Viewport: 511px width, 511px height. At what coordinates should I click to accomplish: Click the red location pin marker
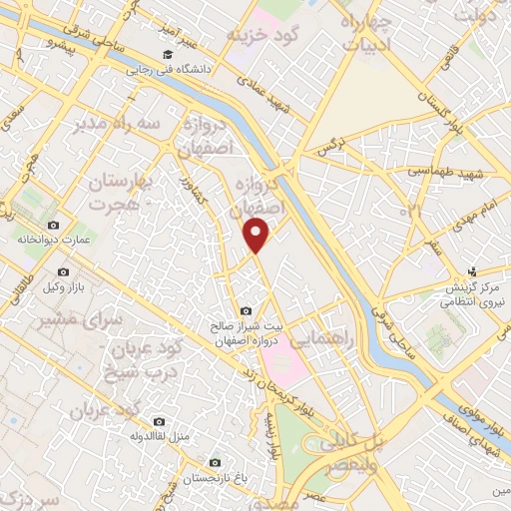pos(258,236)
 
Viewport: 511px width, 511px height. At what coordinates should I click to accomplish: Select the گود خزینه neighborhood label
pos(262,36)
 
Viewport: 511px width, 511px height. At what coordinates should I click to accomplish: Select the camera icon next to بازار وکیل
pos(64,271)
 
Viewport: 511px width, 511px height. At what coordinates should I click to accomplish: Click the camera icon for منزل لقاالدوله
pos(159,421)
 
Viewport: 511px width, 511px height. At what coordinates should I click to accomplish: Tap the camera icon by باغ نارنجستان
pos(215,462)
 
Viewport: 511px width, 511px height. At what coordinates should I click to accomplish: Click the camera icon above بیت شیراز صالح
pos(247,310)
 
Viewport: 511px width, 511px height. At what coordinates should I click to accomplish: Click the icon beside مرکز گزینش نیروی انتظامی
pos(474,269)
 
